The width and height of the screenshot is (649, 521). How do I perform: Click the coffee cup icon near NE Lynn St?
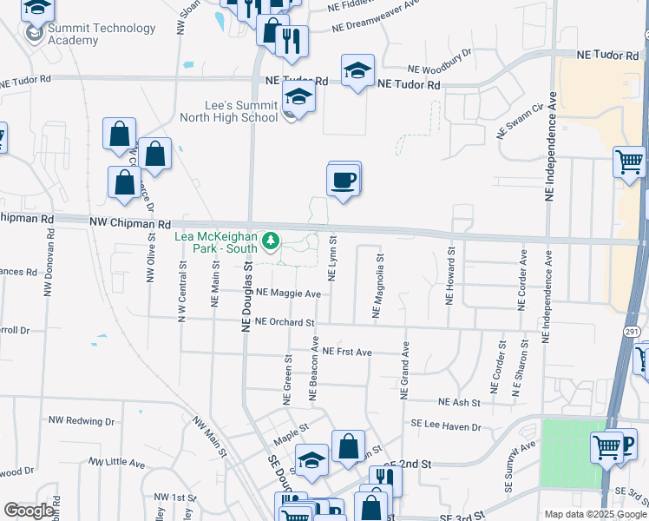[344, 180]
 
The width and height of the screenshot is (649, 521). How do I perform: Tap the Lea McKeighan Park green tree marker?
[272, 240]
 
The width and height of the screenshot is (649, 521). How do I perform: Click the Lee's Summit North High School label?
[228, 111]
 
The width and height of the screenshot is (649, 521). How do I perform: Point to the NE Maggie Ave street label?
[289, 293]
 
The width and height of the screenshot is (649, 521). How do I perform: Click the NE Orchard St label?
[284, 322]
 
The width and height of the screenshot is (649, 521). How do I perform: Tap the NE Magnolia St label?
[377, 287]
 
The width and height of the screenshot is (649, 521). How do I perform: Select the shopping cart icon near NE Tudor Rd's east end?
[629, 161]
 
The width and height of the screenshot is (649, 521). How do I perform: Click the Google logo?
[29, 511]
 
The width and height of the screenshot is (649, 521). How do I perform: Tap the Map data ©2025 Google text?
[595, 514]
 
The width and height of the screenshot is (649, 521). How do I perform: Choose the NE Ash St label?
[460, 402]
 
